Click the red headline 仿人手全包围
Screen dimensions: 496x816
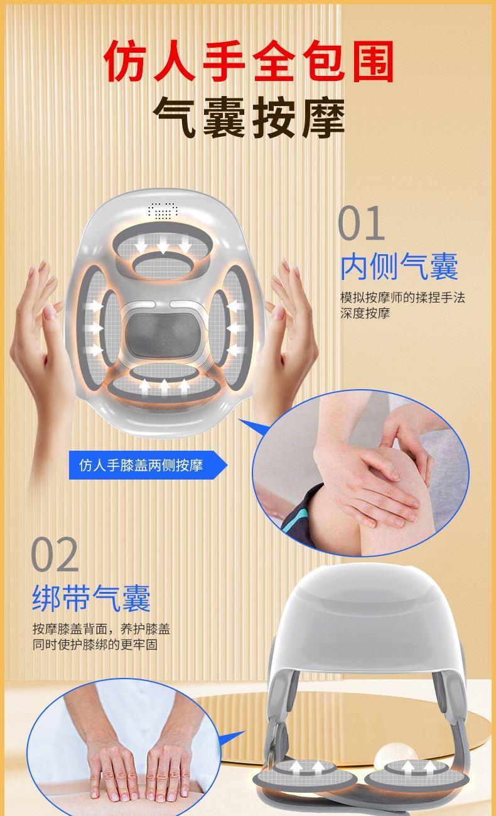[248, 62]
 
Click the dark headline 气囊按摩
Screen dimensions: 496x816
[249, 117]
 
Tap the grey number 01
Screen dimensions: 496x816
[361, 223]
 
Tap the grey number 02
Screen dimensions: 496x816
[55, 554]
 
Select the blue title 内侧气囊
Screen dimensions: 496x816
[399, 267]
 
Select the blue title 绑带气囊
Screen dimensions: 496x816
[92, 598]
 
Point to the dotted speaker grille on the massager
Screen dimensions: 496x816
[163, 211]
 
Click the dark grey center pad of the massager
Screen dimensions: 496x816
[163, 333]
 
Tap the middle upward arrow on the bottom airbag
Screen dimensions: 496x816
[164, 387]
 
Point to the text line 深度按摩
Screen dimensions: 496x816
[365, 313]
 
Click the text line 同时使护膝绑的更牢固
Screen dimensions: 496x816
[95, 645]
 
